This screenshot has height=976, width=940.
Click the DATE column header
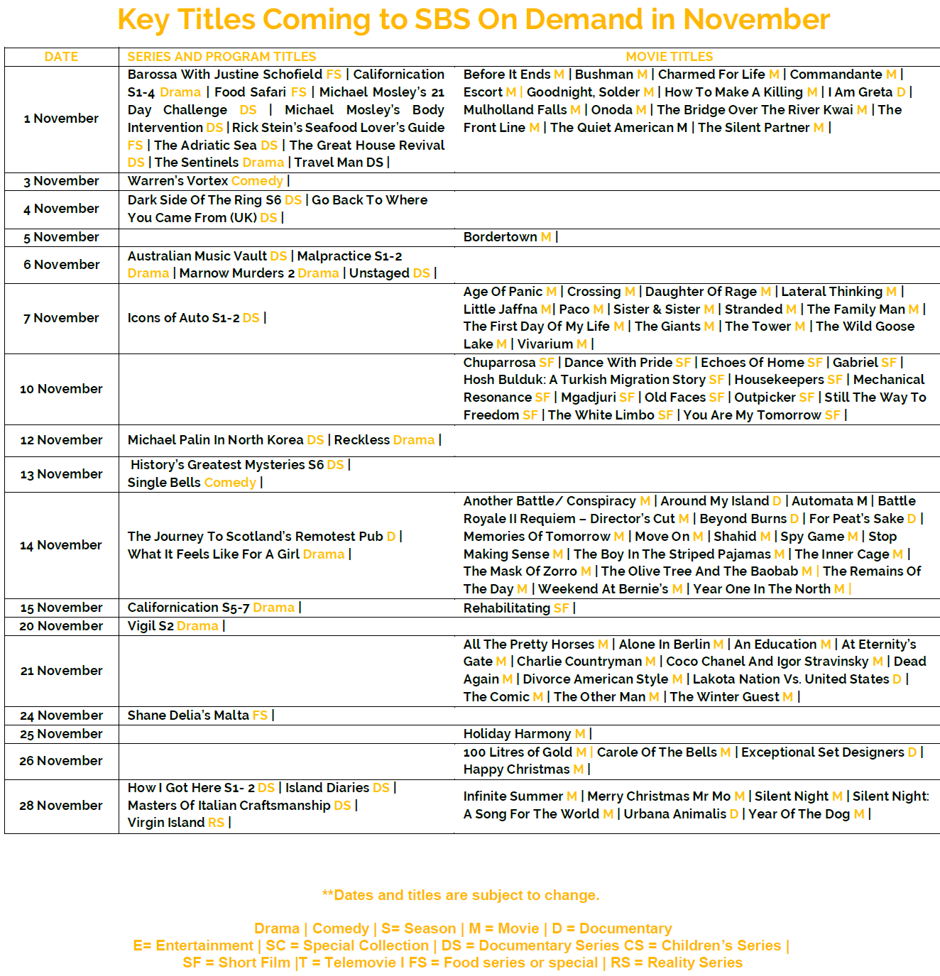click(61, 57)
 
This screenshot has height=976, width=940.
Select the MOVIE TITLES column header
click(669, 57)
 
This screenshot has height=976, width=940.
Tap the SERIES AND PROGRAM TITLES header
click(222, 57)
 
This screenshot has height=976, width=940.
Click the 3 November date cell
click(61, 181)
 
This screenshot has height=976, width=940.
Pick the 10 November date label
click(61, 389)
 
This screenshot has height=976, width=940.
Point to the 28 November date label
click(61, 806)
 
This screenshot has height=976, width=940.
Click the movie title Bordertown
click(500, 237)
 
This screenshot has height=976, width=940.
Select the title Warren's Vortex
click(177, 181)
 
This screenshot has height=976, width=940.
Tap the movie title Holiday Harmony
click(517, 734)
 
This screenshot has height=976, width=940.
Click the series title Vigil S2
click(151, 626)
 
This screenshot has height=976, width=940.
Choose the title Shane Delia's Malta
click(188, 715)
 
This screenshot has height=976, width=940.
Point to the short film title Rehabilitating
click(507, 608)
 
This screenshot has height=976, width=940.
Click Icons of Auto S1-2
click(183, 318)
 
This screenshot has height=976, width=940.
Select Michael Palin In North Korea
click(215, 440)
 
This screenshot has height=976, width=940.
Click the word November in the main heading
click(756, 20)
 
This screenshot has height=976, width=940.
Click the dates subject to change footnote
click(461, 895)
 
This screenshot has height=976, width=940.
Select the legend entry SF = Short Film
click(236, 963)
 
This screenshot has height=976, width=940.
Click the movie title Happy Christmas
click(516, 769)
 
